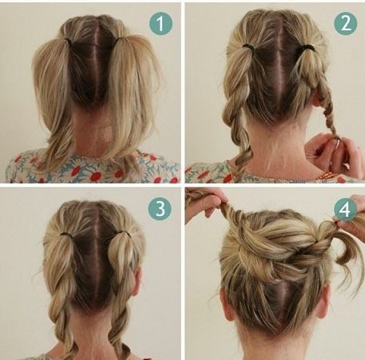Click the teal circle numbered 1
coord(161,23)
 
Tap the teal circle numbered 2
coord(346,23)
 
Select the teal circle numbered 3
coord(160,209)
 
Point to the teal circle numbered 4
coord(345,209)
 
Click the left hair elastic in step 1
coord(68,41)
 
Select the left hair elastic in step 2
coord(248,46)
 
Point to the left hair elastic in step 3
coord(65,235)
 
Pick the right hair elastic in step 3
coord(125,234)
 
